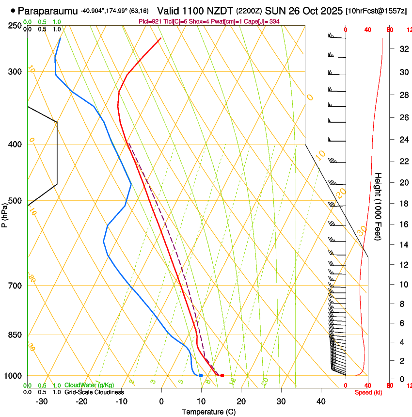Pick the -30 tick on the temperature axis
[42, 401]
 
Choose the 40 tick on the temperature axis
[321, 401]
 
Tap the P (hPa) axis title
[4, 213]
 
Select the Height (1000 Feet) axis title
[379, 207]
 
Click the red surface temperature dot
[222, 375]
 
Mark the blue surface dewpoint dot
[201, 375]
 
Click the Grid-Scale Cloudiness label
[94, 392]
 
